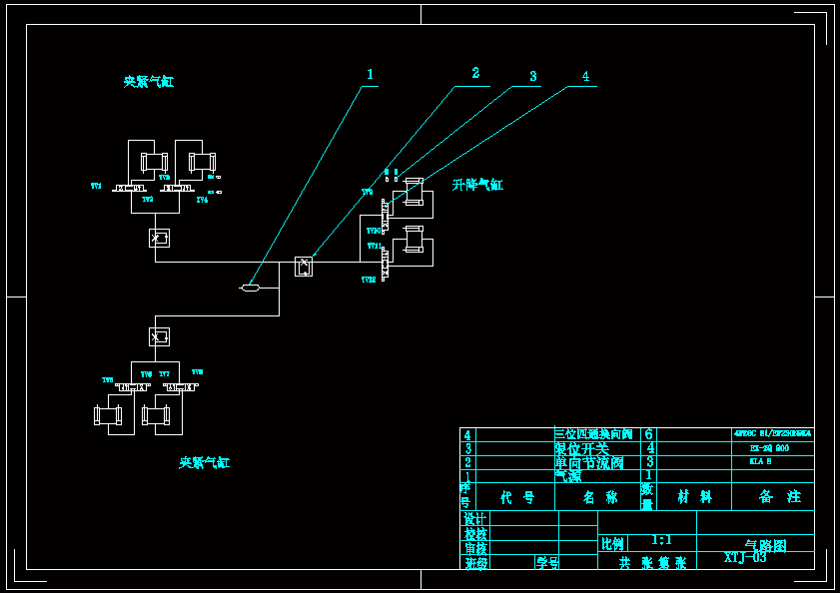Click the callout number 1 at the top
(x=370, y=75)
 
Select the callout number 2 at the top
(x=475, y=73)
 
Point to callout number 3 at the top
(x=533, y=76)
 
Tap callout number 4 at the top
(x=585, y=76)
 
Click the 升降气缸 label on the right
(x=477, y=185)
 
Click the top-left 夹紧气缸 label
(x=149, y=82)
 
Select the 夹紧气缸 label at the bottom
(x=205, y=463)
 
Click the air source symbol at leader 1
(x=251, y=289)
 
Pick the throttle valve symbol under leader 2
(x=304, y=267)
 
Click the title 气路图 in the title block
(x=765, y=546)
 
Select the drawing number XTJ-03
(x=745, y=558)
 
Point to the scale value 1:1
(x=661, y=540)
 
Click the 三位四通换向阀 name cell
(x=594, y=434)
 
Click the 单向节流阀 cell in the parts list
(x=589, y=462)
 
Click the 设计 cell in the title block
(x=474, y=519)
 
